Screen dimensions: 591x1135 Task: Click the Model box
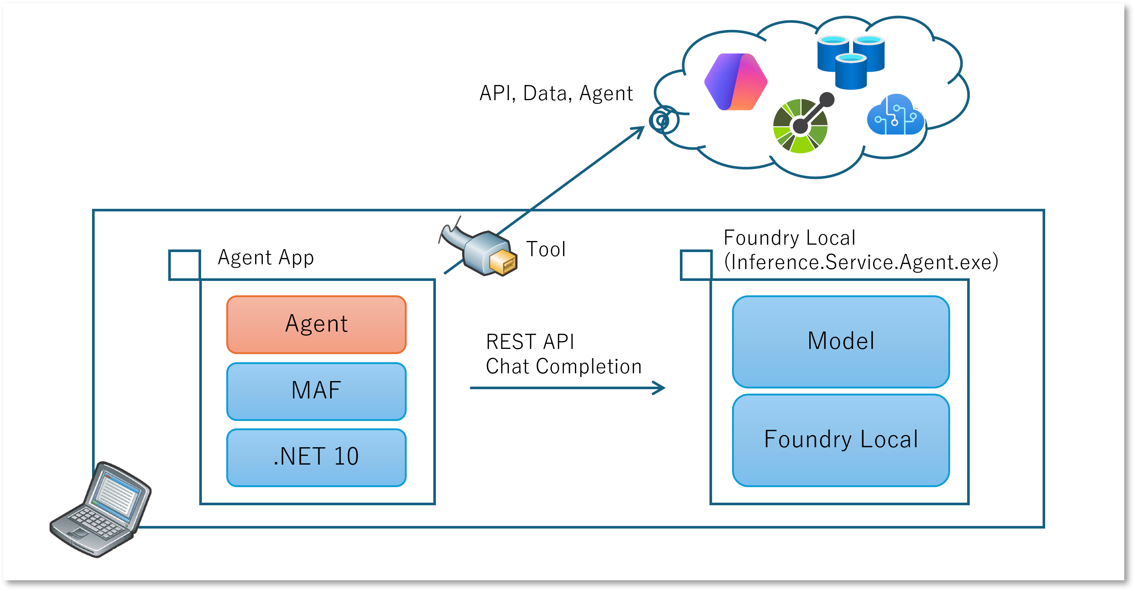click(x=841, y=341)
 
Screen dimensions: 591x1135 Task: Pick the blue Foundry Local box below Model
click(x=841, y=440)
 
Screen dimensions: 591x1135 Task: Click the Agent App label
click(x=266, y=258)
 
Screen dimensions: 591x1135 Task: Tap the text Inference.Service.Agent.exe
click(x=861, y=262)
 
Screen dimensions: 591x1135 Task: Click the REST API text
click(x=530, y=342)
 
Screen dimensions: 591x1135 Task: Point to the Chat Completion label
click(x=563, y=366)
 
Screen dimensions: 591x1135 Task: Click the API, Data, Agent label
click(x=556, y=94)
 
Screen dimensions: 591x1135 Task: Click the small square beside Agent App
click(x=184, y=265)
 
